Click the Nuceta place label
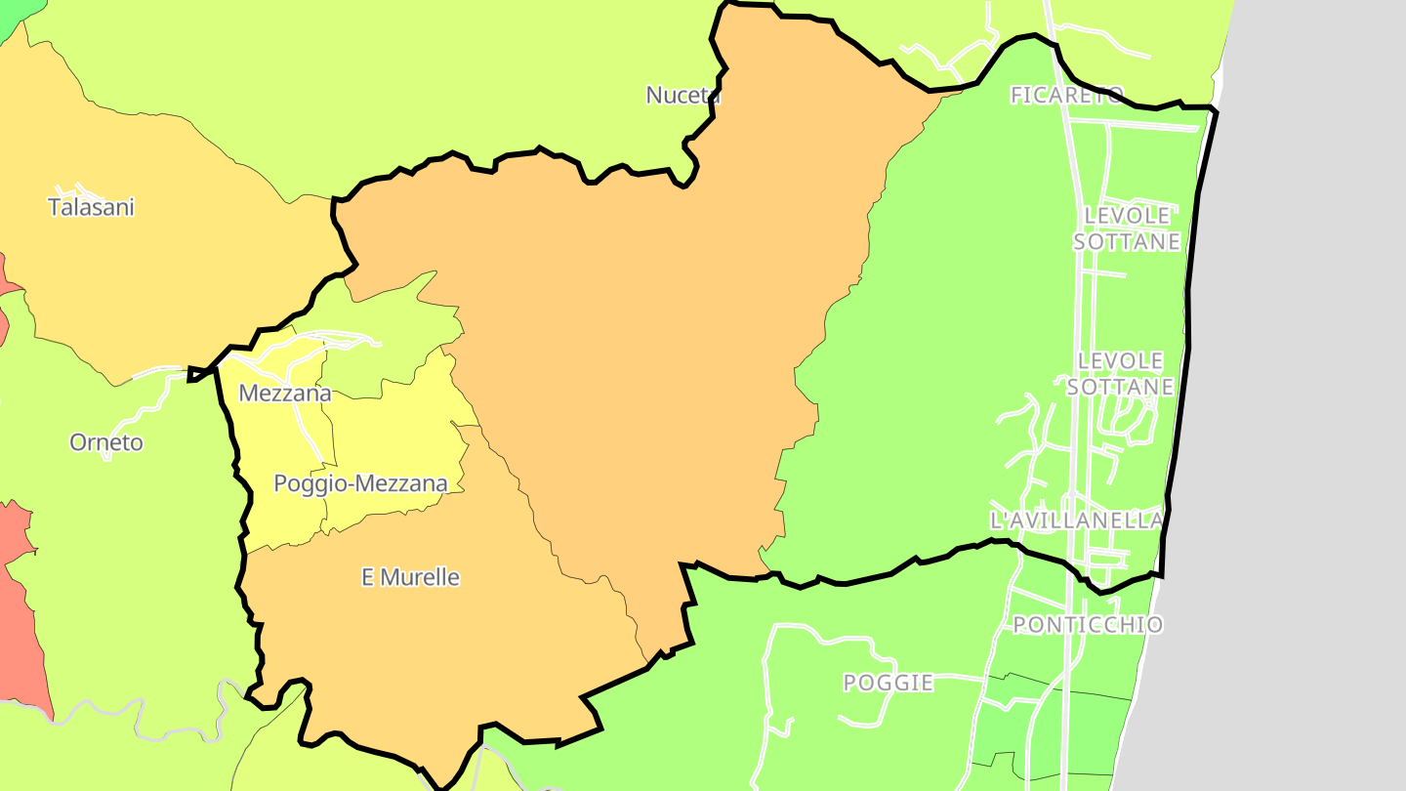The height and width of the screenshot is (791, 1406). [683, 95]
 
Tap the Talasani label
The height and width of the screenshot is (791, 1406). [91, 207]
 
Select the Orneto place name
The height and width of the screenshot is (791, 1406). [106, 442]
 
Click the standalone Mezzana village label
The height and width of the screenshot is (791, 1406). [285, 394]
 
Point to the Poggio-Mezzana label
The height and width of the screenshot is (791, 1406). [360, 483]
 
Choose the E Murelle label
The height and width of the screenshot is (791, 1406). [410, 577]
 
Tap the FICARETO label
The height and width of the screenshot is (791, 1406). [1067, 95]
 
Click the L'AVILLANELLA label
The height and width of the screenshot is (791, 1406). [1076, 520]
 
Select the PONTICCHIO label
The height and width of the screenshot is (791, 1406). [1088, 624]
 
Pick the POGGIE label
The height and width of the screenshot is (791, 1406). [889, 683]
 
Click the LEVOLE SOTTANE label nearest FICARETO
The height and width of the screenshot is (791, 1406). [1127, 228]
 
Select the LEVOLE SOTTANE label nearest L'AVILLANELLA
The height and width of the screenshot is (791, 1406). [1120, 374]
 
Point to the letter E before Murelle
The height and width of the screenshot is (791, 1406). [368, 577]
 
